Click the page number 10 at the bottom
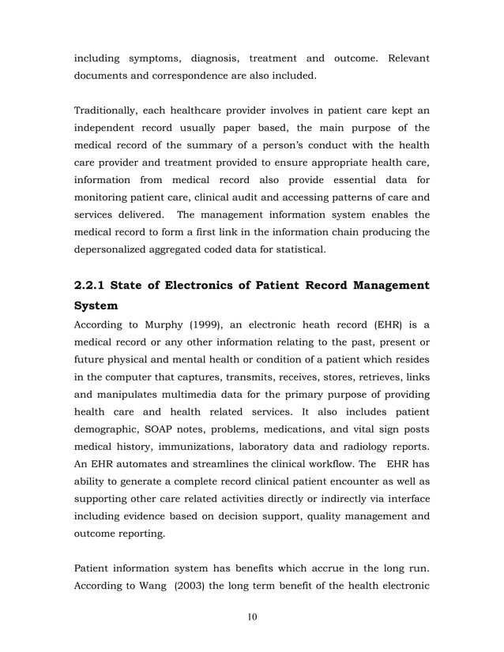tap(251, 616)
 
